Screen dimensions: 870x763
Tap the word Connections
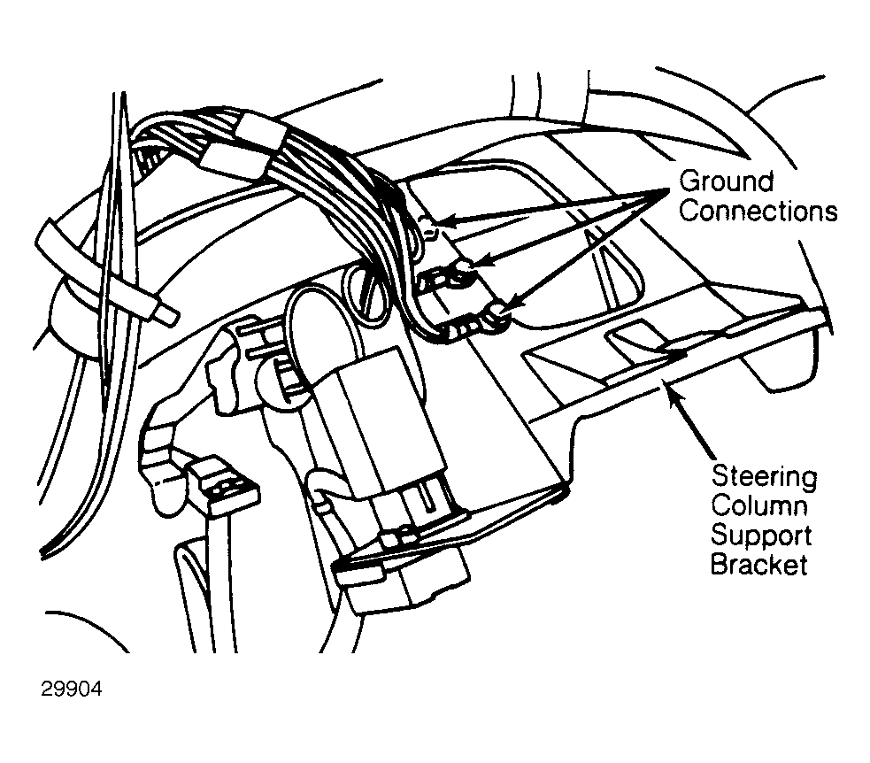tap(758, 211)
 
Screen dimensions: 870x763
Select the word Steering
tap(764, 478)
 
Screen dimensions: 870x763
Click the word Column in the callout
tap(759, 505)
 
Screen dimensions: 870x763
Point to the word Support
tap(761, 536)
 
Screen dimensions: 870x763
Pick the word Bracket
tap(759, 565)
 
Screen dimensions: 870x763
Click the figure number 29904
tap(72, 689)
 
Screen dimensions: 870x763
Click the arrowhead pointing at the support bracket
tap(674, 394)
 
